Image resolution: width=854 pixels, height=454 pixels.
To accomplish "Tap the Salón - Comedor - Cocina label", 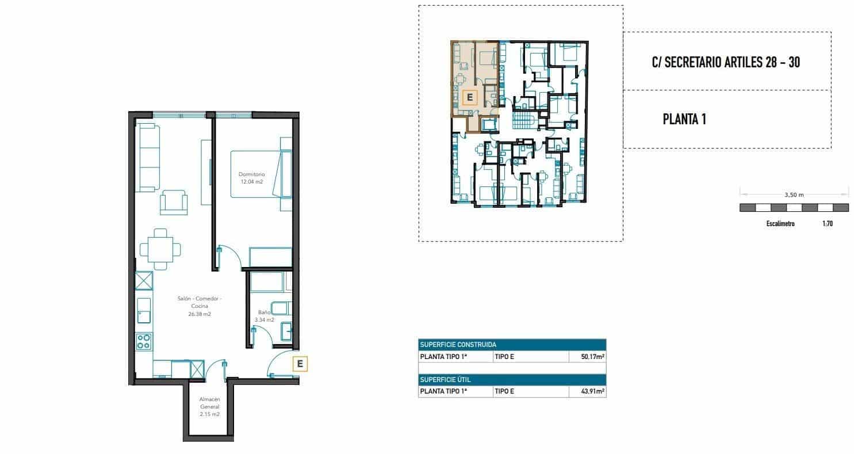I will tap(200, 306).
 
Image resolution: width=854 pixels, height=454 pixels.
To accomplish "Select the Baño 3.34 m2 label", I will tap(265, 316).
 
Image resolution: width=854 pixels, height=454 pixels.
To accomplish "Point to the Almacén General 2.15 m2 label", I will tap(209, 406).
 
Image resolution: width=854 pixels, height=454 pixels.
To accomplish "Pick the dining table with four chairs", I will tap(160, 249).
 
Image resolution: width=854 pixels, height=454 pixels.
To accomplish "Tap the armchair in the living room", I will tap(174, 203).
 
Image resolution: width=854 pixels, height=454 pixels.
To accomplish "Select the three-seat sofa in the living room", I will tap(147, 158).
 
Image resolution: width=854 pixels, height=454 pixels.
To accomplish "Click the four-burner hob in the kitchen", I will tap(144, 342).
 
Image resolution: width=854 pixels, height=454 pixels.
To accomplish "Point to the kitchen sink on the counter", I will tap(144, 311).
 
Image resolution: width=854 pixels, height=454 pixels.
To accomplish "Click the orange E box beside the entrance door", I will tap(300, 364).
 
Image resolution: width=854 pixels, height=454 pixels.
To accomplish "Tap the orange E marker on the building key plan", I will tap(469, 97).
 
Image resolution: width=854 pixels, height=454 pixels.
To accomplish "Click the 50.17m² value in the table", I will tap(591, 357).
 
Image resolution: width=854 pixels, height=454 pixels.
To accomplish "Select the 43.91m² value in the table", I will tap(591, 391).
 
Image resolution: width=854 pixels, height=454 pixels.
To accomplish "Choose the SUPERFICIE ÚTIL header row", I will tap(512, 380).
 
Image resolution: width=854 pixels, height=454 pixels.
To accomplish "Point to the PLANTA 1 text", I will tap(684, 120).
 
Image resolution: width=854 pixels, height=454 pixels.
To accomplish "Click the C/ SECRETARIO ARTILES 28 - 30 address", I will tap(725, 62).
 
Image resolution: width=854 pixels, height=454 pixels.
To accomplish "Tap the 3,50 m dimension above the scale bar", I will tap(793, 194).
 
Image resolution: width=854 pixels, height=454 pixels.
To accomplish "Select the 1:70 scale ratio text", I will tap(827, 224).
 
